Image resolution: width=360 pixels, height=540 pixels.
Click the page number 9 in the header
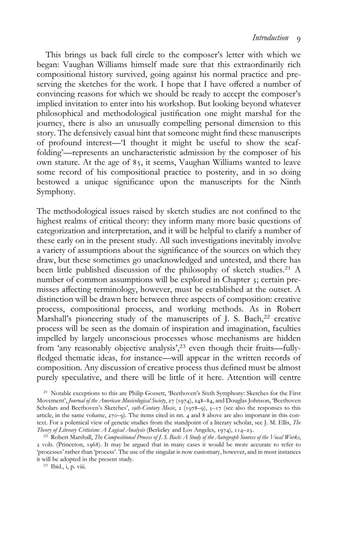click(299, 39)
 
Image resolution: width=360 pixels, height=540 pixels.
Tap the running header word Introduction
click(270, 38)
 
